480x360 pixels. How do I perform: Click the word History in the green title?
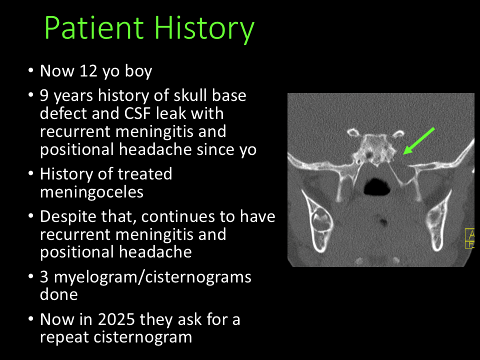tap(204, 29)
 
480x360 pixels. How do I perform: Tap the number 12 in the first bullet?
tap(88, 70)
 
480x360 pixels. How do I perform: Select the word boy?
tap(138, 71)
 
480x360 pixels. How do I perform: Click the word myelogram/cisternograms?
tap(152, 277)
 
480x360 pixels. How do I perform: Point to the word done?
tap(59, 294)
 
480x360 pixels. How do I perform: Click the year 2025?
tap(116, 319)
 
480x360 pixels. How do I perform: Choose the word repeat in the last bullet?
tap(64, 338)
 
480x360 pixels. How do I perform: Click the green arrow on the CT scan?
tap(419, 141)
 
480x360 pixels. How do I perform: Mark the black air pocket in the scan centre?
tap(377, 186)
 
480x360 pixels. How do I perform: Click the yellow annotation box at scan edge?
tap(470, 238)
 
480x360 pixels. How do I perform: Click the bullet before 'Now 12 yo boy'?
tap(30, 70)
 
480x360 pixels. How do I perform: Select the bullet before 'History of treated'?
tap(30, 174)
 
